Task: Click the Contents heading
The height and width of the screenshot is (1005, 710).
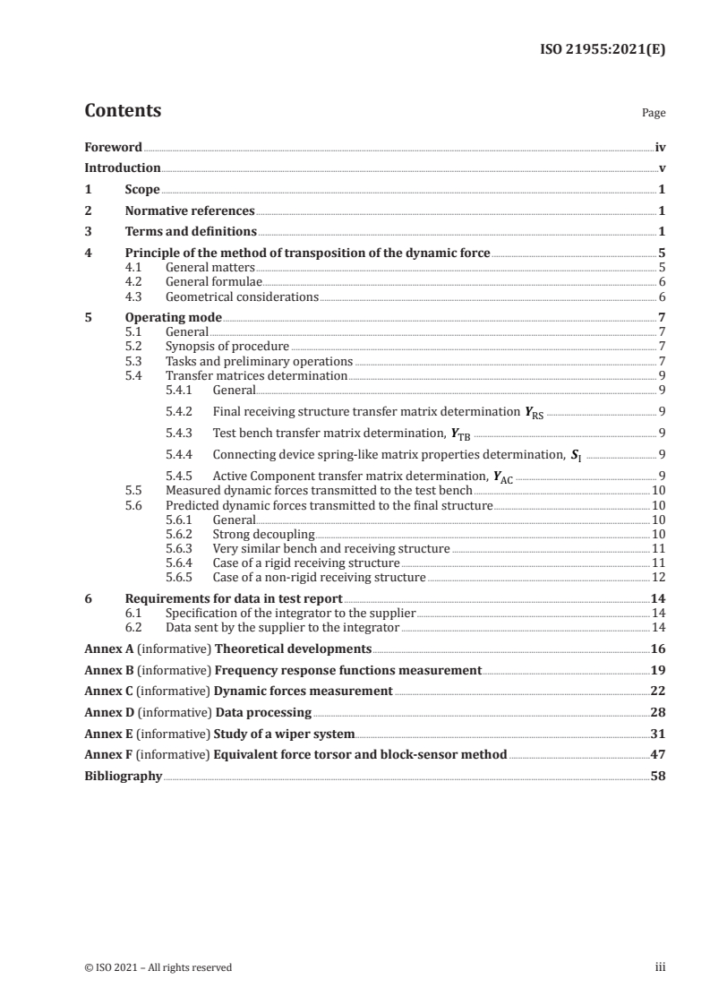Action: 123,111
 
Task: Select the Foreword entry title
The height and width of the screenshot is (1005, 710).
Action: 113,147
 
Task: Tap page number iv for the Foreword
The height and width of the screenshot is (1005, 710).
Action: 660,147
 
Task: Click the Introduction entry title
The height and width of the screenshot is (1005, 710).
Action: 123,168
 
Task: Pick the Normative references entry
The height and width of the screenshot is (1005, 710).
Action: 190,211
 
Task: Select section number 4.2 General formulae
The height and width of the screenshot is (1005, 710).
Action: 134,281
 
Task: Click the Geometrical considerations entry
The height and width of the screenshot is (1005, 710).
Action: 242,296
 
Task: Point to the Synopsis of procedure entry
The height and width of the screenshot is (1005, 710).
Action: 227,346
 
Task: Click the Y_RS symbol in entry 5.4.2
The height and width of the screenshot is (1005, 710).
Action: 534,413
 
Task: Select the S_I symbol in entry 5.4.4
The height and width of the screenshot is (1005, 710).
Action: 577,455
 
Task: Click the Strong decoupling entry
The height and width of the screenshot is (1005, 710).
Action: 263,535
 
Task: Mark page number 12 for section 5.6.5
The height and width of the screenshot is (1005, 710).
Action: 658,578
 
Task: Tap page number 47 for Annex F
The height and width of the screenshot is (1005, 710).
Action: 658,755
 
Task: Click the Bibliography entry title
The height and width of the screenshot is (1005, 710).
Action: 123,777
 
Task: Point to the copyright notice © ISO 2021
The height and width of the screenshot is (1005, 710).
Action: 158,967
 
